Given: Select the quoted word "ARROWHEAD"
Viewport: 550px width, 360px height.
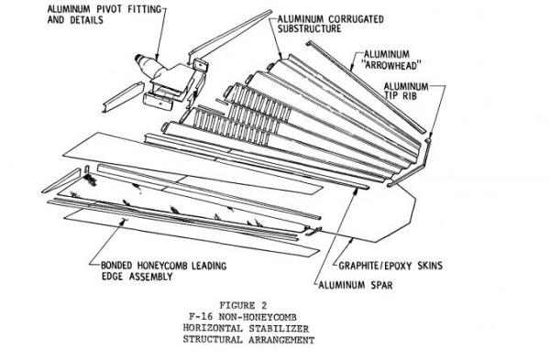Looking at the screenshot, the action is pyautogui.click(x=391, y=66).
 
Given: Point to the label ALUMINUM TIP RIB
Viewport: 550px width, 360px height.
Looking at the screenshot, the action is pyautogui.click(x=406, y=91).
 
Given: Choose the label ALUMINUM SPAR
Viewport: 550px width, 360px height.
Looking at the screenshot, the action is pyautogui.click(x=356, y=285).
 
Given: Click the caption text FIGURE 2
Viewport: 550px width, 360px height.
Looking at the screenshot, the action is pyautogui.click(x=243, y=305).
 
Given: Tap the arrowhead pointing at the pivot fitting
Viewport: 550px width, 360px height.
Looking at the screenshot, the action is pyautogui.click(x=157, y=56).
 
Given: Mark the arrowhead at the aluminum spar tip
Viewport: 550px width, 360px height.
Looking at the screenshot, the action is pyautogui.click(x=356, y=191).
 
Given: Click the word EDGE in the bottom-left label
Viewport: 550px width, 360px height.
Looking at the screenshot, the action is pyautogui.click(x=114, y=277).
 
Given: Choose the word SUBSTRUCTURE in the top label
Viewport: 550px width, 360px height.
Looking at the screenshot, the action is pyautogui.click(x=310, y=28).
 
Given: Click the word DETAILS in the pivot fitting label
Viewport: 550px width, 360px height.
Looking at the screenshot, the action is pyautogui.click(x=87, y=19).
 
